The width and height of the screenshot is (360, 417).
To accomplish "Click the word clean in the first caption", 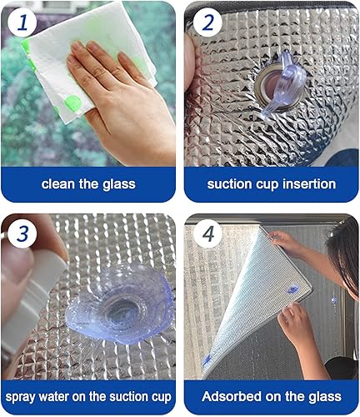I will click(60, 183).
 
